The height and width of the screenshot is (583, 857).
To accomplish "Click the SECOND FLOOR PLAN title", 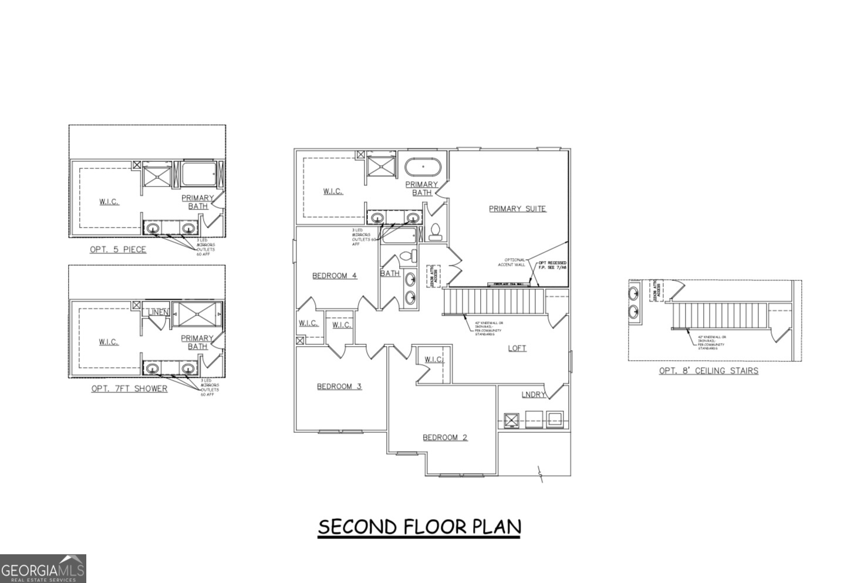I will click(x=419, y=527).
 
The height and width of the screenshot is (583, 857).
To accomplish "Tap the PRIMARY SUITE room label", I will click(x=517, y=208).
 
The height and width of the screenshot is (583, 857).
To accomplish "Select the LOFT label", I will click(x=517, y=348).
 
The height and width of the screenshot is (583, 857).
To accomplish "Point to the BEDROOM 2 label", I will click(x=445, y=437).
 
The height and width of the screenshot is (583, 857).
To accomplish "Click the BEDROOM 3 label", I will click(x=339, y=386).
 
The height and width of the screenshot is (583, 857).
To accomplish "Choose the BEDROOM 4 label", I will click(x=334, y=276).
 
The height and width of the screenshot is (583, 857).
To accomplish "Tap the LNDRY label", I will click(x=533, y=394).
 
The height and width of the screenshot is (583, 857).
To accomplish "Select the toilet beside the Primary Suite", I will click(x=436, y=233).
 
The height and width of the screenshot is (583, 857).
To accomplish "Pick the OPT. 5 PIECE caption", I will click(x=117, y=249).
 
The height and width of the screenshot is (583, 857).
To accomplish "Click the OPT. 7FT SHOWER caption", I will click(x=129, y=388).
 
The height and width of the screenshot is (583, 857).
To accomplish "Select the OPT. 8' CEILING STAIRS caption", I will click(x=708, y=370).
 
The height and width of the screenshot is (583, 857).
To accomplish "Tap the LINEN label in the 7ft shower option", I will click(x=158, y=312).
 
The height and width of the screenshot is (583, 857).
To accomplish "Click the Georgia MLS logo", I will click(x=43, y=569).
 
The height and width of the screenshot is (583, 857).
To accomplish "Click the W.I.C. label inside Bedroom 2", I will click(x=433, y=360).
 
